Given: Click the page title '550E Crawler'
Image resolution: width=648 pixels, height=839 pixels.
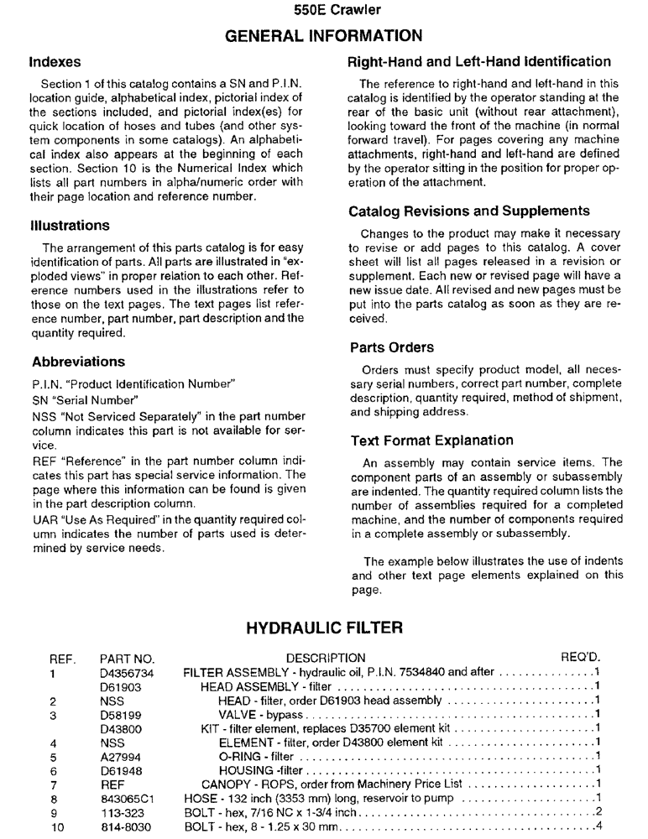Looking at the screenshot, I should (325, 11).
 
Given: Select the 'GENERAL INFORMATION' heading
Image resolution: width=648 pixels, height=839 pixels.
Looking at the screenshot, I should (325, 35).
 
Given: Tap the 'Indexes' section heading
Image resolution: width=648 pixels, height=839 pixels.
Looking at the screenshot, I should (56, 62).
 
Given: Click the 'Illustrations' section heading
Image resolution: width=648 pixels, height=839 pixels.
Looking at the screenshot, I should (71, 226).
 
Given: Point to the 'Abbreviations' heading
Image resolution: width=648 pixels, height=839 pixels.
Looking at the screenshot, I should (78, 362).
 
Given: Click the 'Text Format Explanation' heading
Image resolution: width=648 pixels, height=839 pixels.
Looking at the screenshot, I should (431, 440).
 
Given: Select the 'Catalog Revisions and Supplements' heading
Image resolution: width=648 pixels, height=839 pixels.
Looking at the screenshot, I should (469, 211).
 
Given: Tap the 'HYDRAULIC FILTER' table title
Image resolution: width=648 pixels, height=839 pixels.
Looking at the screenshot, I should (325, 626).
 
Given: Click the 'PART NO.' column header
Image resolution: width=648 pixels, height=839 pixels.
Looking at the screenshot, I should (127, 658).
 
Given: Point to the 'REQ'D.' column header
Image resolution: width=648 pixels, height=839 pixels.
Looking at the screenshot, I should (580, 658).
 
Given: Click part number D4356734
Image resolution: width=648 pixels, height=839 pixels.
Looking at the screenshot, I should (127, 672).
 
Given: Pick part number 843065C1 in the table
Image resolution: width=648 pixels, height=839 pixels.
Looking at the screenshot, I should (125, 798).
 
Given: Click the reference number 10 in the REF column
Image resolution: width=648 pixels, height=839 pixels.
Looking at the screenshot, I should (57, 826).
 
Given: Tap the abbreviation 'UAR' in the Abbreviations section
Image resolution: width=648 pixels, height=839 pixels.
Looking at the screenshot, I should (44, 519).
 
